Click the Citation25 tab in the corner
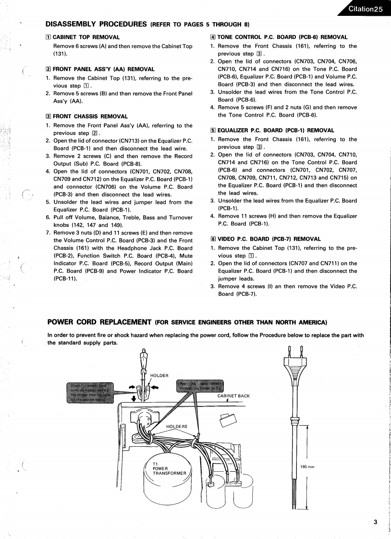366,9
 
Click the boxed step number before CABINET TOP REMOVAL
48,37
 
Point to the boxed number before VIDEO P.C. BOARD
213,239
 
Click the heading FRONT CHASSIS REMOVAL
90,116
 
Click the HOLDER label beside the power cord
159,375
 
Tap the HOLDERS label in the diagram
177,426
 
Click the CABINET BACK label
234,396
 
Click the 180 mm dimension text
307,466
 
